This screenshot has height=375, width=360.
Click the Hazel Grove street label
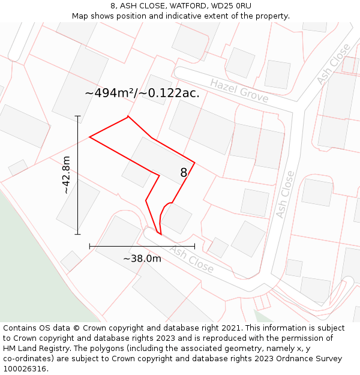(239, 91)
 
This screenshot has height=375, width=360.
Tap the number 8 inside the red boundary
(184, 173)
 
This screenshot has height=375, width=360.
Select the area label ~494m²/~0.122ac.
(142, 93)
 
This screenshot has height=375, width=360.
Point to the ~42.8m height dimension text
(66, 175)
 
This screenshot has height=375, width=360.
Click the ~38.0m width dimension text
(142, 259)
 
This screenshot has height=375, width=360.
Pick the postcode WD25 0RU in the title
(231, 6)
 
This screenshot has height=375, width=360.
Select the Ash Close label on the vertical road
(285, 194)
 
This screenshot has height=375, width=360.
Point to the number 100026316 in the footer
(24, 369)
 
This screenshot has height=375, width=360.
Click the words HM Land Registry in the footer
(35, 349)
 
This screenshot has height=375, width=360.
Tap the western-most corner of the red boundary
(89, 137)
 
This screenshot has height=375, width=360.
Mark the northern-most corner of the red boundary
(128, 116)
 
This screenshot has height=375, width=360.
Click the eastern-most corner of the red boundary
(194, 162)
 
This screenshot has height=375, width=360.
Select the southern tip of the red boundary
(160, 234)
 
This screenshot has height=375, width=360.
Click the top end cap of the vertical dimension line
(77, 116)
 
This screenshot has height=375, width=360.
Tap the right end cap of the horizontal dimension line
(194, 246)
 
